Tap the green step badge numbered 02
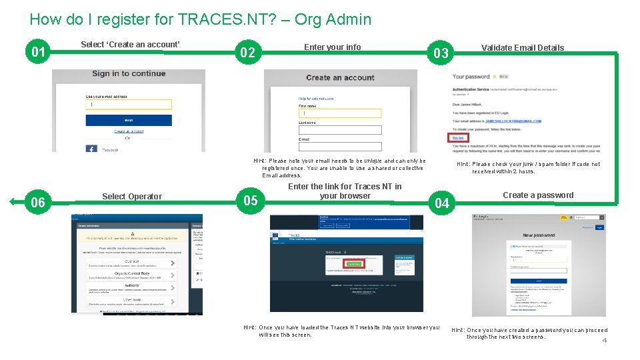pyautogui.click(x=247, y=53)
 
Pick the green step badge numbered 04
pyautogui.click(x=442, y=203)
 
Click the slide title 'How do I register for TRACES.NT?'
pyautogui.click(x=200, y=19)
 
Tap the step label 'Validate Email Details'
pyautogui.click(x=522, y=48)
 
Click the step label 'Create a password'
pyautogui.click(x=537, y=195)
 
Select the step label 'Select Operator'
pyautogui.click(x=131, y=197)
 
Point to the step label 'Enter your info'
pyautogui.click(x=332, y=47)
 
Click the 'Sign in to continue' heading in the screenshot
pyautogui.click(x=129, y=73)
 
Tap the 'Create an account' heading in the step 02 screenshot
pyautogui.click(x=340, y=78)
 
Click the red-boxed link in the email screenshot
pyautogui.click(x=459, y=138)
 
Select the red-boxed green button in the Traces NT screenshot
pyautogui.click(x=353, y=264)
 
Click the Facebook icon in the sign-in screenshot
pyautogui.click(x=91, y=148)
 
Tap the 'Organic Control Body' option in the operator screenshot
pyautogui.click(x=131, y=273)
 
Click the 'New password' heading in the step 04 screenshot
pyautogui.click(x=539, y=235)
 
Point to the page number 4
pyautogui.click(x=604, y=341)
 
